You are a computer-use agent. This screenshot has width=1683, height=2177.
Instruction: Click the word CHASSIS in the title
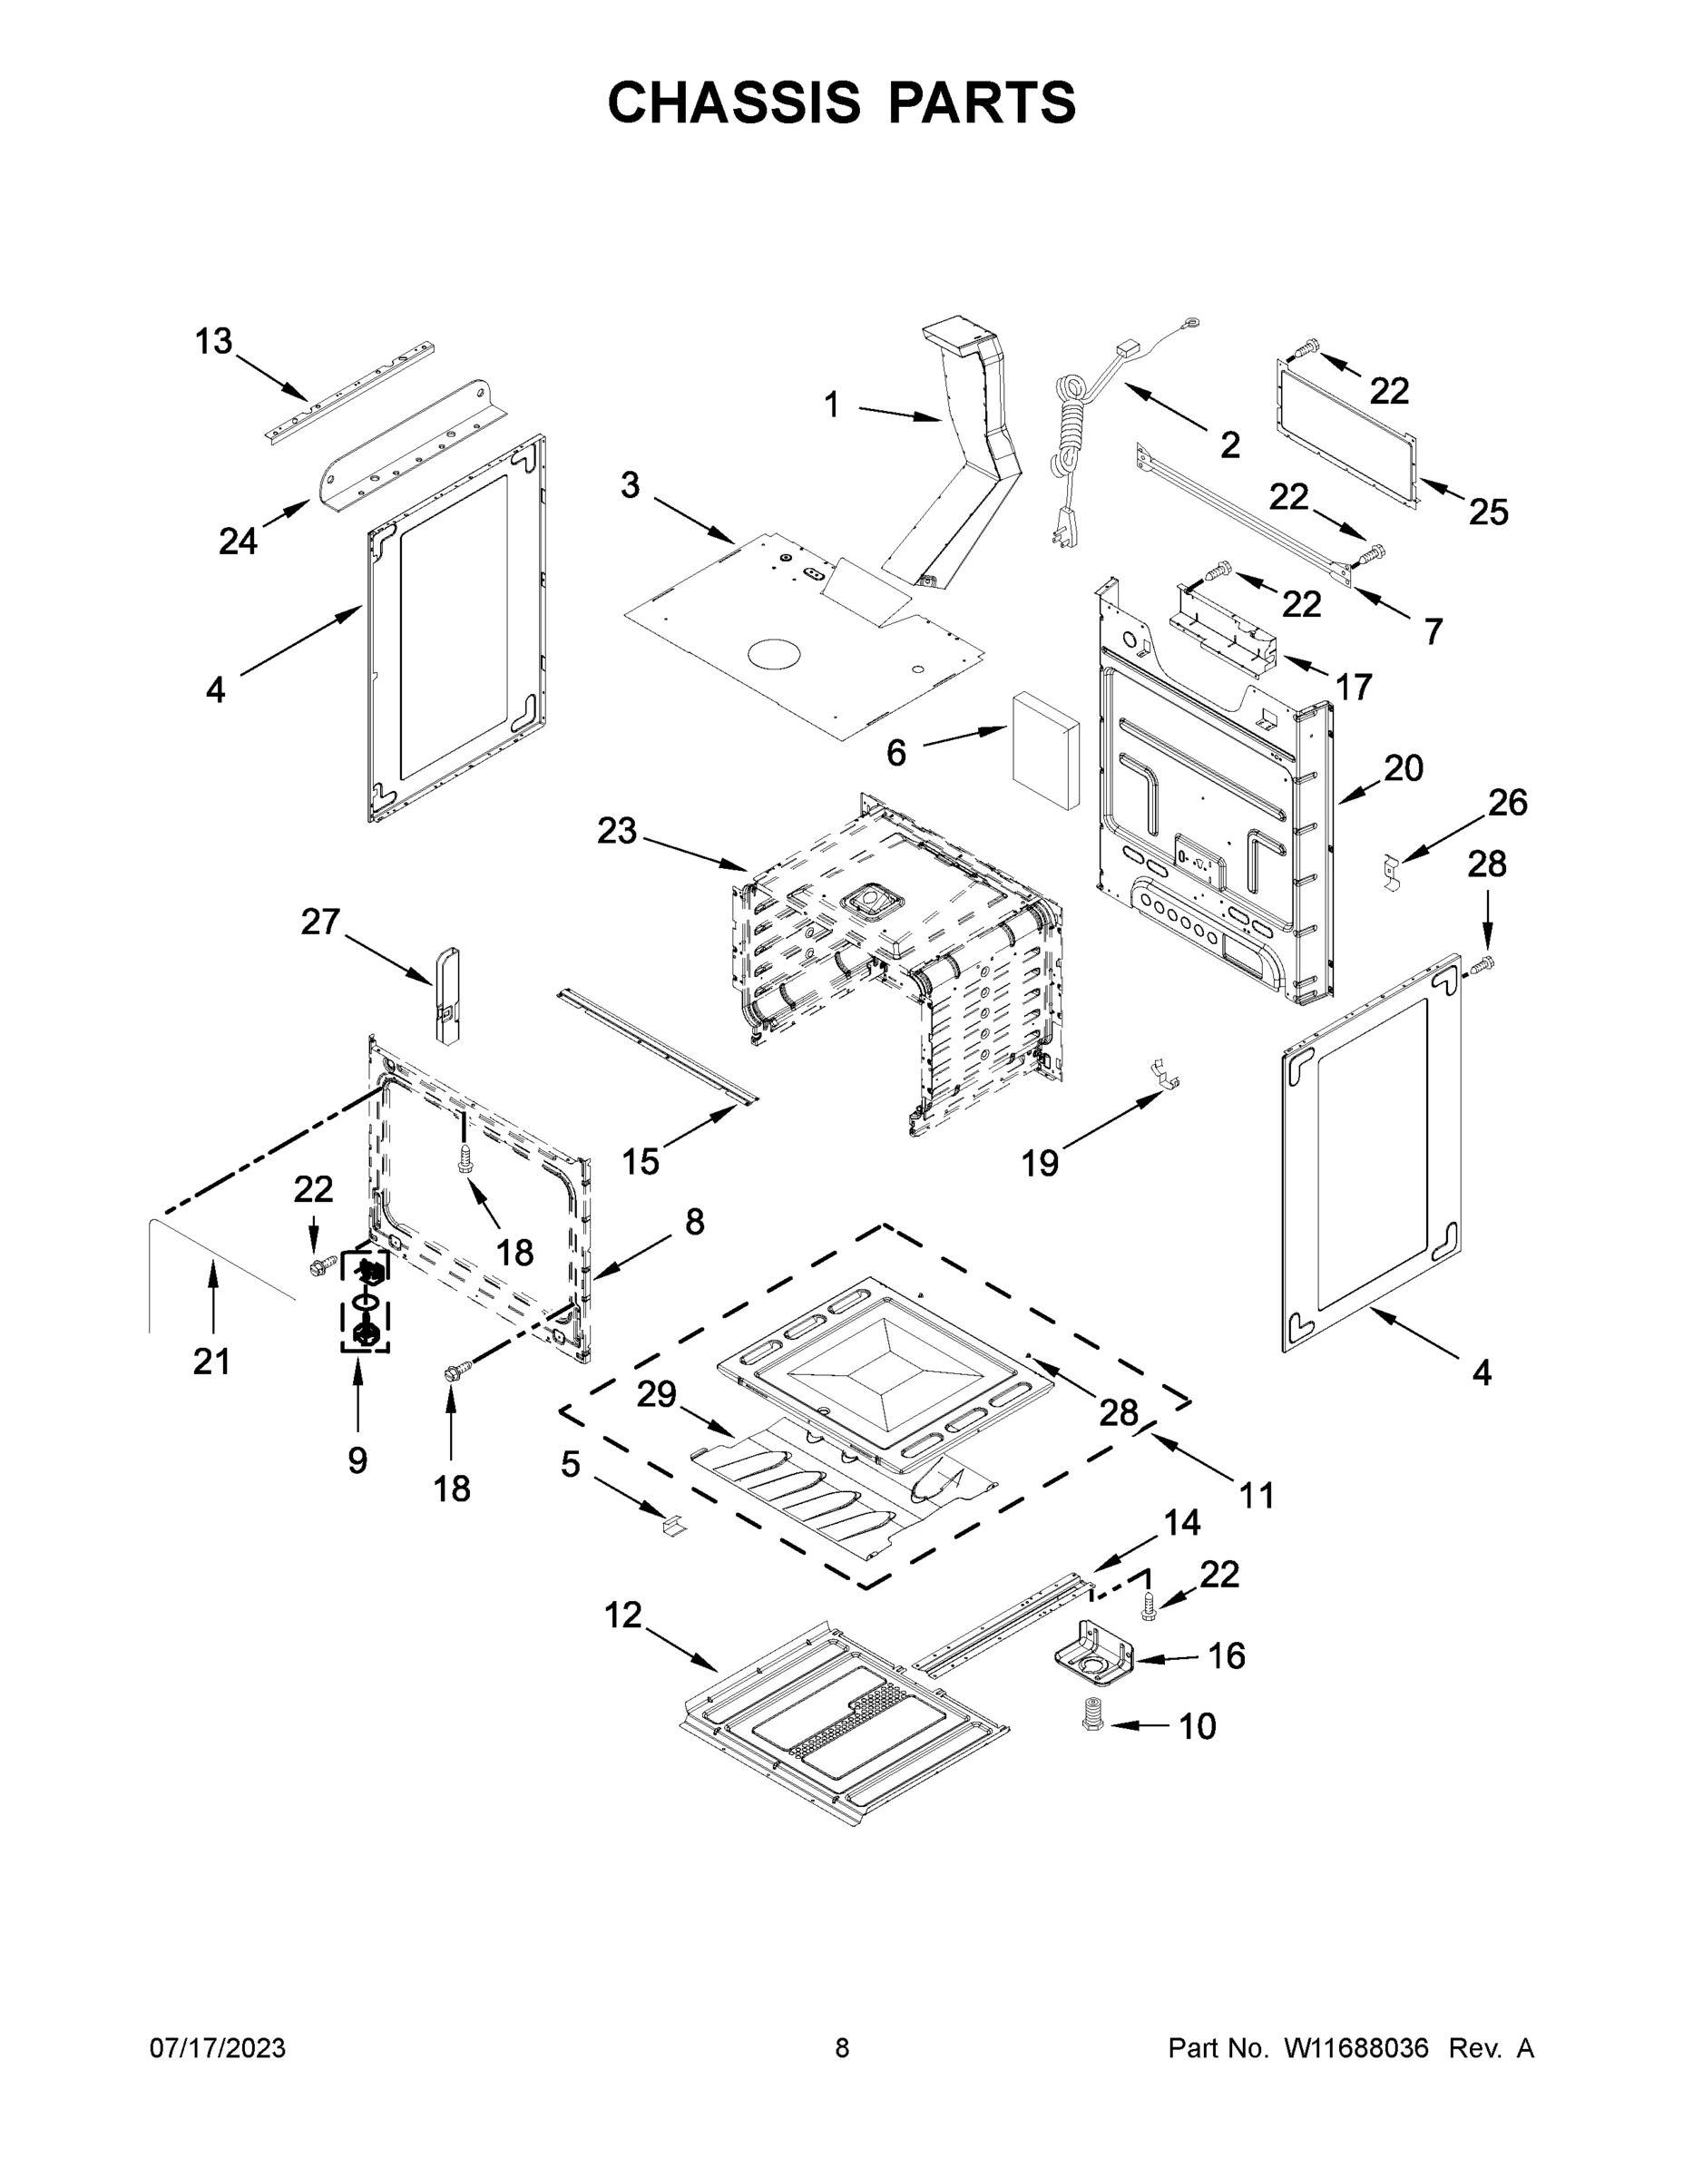click(x=734, y=102)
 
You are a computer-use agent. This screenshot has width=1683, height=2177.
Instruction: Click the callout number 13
click(x=212, y=342)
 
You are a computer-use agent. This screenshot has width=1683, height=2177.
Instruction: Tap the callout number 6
click(x=895, y=754)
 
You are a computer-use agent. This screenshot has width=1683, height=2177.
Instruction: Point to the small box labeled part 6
click(x=1045, y=753)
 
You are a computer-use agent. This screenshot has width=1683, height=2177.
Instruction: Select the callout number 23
click(x=616, y=830)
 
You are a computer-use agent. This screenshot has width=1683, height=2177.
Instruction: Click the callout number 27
click(x=320, y=922)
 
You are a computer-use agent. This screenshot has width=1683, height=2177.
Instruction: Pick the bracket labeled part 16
click(x=1095, y=1655)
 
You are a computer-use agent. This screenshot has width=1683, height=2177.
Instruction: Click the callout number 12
click(x=623, y=1615)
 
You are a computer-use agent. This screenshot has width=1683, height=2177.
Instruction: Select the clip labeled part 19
click(x=1162, y=1075)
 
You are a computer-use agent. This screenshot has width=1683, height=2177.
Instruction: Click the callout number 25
click(x=1488, y=513)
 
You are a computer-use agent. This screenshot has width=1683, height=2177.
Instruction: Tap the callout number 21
click(x=211, y=1361)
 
